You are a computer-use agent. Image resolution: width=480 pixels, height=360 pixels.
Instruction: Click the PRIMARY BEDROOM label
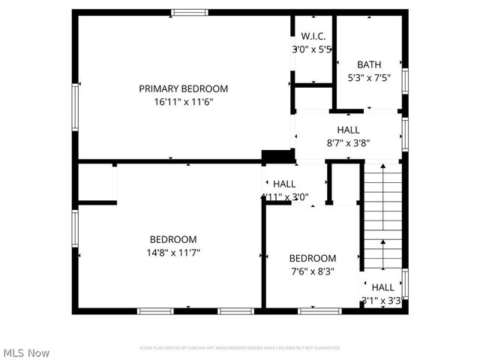click(183, 88)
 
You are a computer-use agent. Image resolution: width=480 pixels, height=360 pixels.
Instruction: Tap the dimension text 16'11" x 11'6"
click(183, 102)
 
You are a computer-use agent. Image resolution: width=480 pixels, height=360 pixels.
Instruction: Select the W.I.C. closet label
click(313, 36)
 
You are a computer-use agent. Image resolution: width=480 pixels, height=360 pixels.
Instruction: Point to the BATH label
click(369, 64)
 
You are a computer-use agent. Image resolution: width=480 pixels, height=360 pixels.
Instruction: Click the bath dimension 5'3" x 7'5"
click(369, 77)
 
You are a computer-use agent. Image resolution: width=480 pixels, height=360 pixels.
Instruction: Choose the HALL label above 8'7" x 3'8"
click(349, 130)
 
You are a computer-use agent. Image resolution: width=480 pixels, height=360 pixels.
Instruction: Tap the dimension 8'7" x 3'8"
click(349, 142)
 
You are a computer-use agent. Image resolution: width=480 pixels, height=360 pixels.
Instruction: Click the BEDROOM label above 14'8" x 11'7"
click(173, 239)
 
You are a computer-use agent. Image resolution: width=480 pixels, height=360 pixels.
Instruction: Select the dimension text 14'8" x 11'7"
click(173, 253)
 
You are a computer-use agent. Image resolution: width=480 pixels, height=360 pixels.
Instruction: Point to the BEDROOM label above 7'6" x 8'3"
click(313, 258)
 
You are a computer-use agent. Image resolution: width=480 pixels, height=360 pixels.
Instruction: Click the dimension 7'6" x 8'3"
click(313, 271)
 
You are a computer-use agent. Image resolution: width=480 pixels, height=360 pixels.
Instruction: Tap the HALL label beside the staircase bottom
click(382, 287)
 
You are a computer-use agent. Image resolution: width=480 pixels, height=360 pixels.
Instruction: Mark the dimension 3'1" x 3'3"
click(382, 301)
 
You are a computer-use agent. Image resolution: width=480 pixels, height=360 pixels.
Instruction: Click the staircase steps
click(382, 217)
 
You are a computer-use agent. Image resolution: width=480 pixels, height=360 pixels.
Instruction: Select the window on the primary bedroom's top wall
click(188, 12)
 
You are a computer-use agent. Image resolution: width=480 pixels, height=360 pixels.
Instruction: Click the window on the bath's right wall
click(405, 79)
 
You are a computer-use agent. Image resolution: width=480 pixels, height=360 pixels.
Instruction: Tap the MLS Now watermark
click(27, 352)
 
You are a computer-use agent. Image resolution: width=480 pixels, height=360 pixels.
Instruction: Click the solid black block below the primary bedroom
click(277, 156)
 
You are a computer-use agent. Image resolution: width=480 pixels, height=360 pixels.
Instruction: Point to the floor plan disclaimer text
click(240, 348)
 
